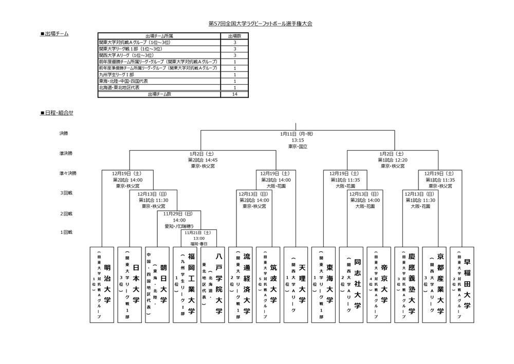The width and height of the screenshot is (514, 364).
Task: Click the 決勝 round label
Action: (x=63, y=133)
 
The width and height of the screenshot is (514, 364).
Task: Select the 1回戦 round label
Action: (x=65, y=232)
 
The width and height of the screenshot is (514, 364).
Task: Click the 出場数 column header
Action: (x=234, y=36)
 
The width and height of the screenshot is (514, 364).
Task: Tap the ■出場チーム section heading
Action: (x=54, y=34)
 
